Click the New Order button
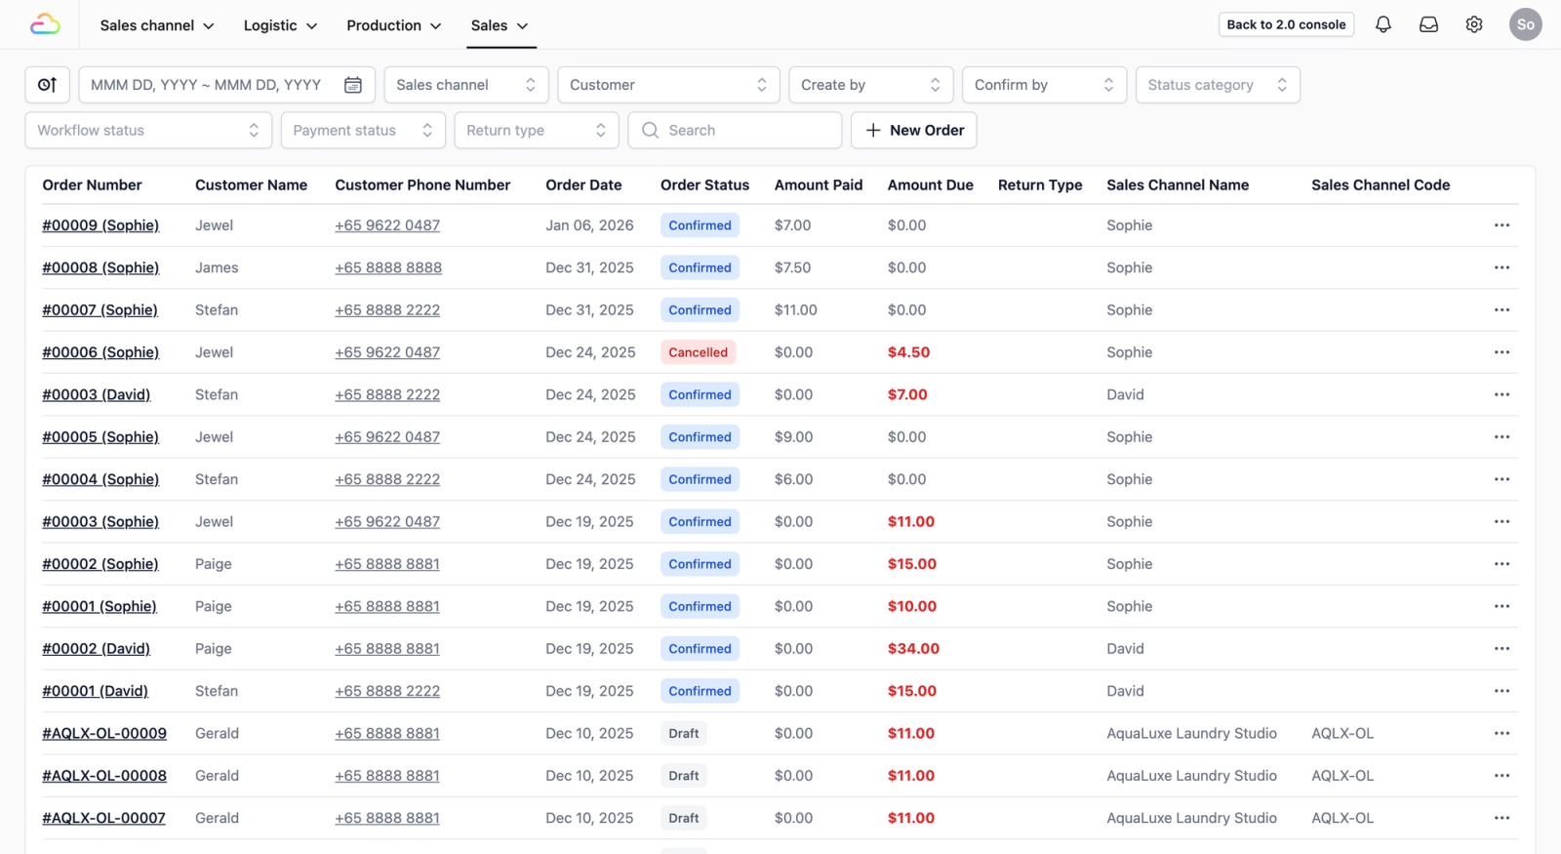(x=913, y=130)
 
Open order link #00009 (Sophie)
(x=100, y=225)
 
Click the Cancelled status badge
(x=698, y=352)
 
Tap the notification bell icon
(x=1382, y=24)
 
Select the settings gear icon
(x=1473, y=24)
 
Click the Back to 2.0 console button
(x=1285, y=24)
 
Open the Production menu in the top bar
(x=393, y=25)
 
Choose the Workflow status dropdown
(x=147, y=130)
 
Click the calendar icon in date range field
(x=353, y=85)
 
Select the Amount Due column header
(x=930, y=184)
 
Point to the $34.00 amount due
(x=913, y=649)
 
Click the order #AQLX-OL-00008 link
(x=104, y=776)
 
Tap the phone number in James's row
(x=388, y=267)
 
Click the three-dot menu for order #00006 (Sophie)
(x=1501, y=352)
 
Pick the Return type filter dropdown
(x=536, y=130)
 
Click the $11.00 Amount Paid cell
(x=795, y=310)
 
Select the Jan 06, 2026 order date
(x=589, y=225)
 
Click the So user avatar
(x=1525, y=24)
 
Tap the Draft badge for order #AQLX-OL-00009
(x=683, y=734)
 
